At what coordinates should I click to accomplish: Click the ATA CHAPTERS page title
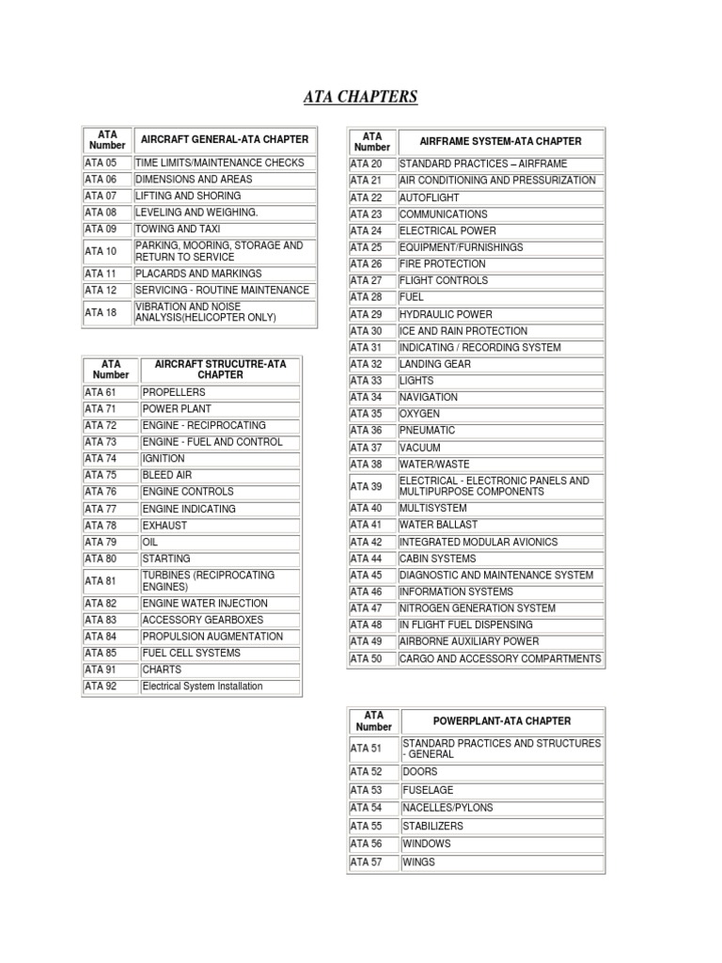361,97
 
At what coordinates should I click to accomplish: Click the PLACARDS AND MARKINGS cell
198,274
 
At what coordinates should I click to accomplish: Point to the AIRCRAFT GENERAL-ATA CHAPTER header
224,139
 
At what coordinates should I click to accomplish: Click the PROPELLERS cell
173,392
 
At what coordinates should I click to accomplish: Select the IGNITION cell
164,459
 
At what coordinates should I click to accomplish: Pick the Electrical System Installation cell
202,687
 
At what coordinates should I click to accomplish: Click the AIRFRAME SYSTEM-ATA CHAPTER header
502,141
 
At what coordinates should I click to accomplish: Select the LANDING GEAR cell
434,364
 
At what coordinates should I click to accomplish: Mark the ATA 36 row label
367,431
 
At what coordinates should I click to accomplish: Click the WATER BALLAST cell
438,525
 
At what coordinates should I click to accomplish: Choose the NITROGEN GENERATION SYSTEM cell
479,608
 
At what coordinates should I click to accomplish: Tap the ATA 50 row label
367,658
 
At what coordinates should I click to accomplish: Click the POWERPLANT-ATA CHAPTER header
502,721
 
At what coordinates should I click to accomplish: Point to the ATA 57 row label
367,861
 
